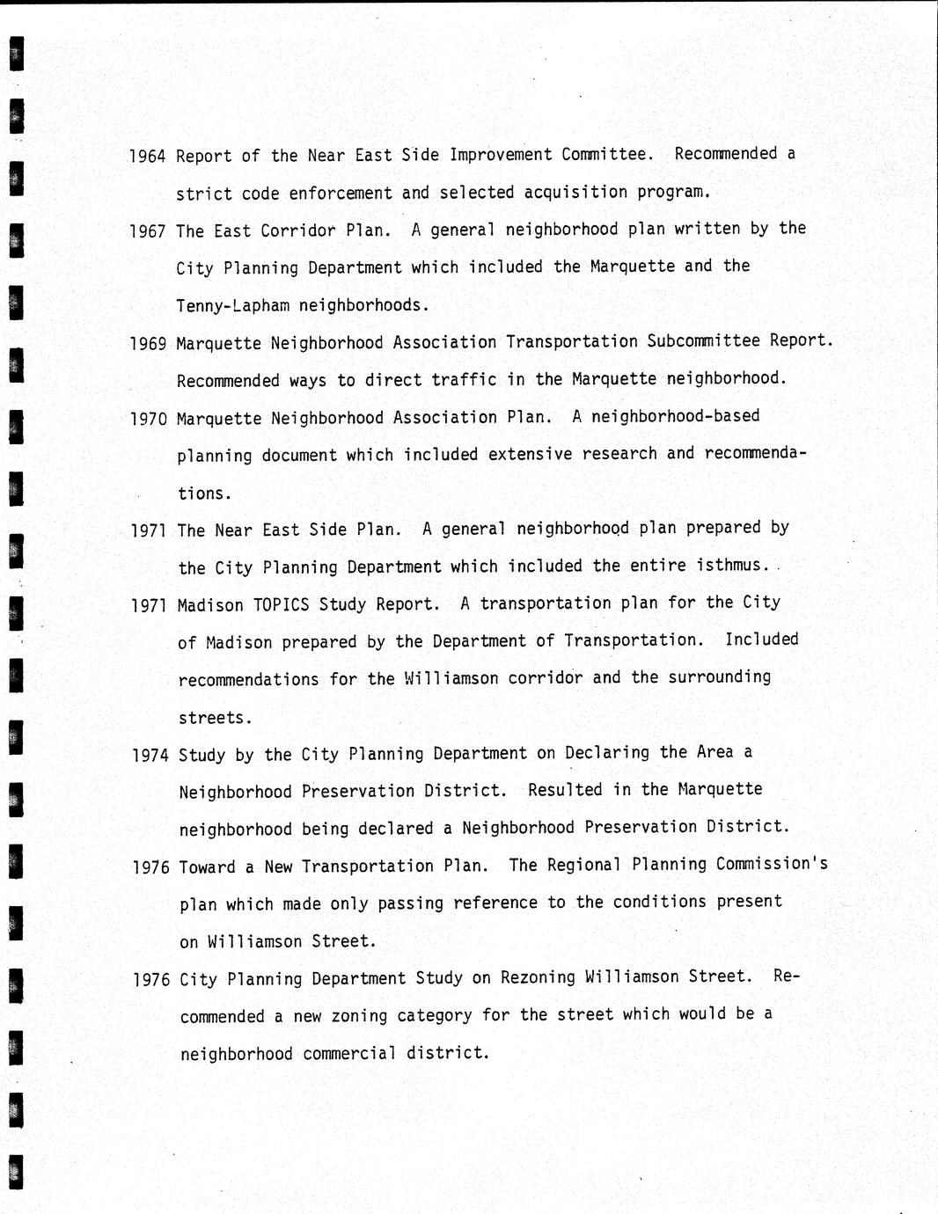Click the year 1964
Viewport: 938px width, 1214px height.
(147, 157)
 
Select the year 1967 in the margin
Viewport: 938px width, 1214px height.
(147, 231)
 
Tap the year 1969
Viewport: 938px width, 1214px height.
(148, 344)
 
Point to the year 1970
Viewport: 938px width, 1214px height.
(148, 419)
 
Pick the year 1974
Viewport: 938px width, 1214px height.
(150, 756)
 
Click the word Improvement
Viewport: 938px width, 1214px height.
(501, 155)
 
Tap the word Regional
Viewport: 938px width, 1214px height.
(584, 865)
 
